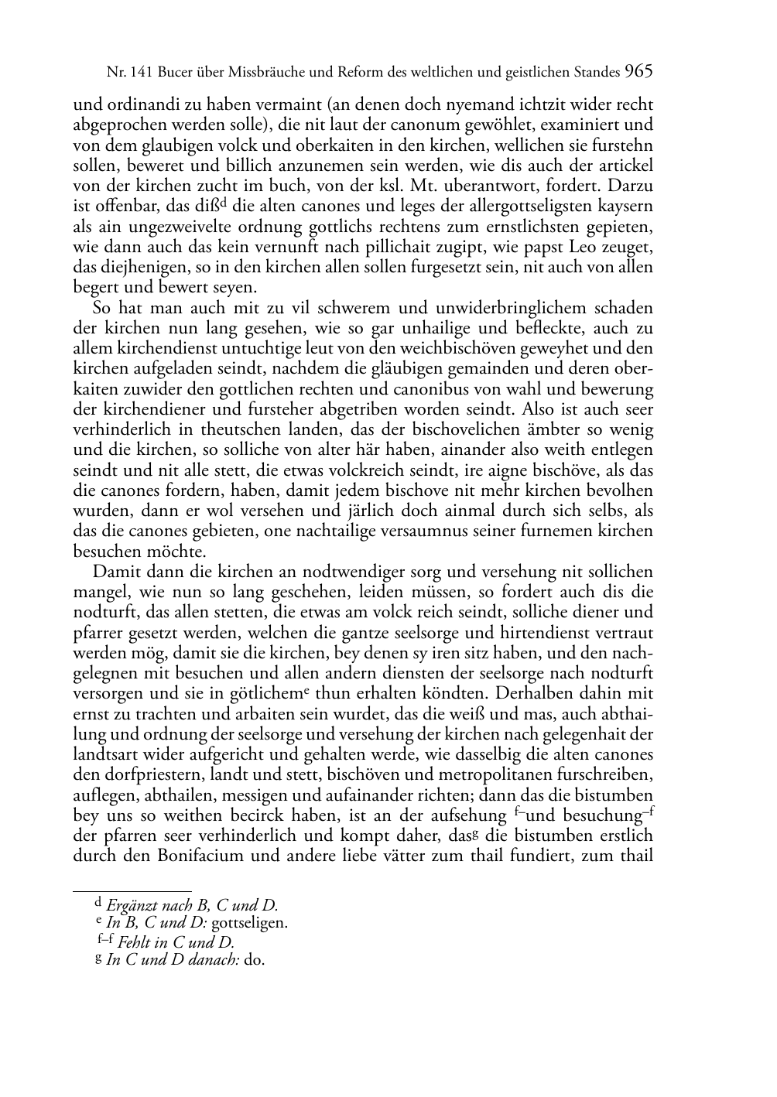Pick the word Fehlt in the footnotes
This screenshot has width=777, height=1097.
coord(136,942)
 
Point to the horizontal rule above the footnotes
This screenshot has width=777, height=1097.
coord(132,891)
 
